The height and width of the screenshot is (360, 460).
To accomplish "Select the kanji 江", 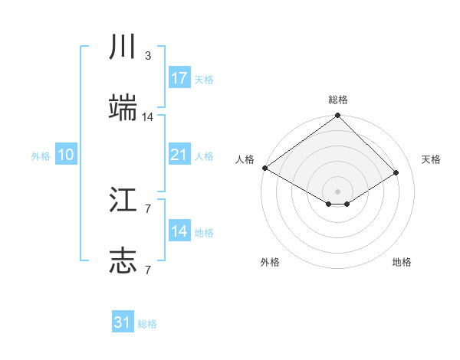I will pyautogui.click(x=123, y=201).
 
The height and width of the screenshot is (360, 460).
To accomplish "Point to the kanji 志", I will pyautogui.click(x=123, y=261).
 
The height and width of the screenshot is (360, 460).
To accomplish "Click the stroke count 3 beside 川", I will pyautogui.click(x=147, y=56).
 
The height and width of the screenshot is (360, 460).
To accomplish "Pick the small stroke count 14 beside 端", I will pyautogui.click(x=148, y=117).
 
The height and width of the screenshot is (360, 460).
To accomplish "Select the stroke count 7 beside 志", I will pyautogui.click(x=147, y=270).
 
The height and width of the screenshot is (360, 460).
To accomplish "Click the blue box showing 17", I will pyautogui.click(x=179, y=78).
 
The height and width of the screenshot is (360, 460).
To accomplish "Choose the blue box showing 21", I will pyautogui.click(x=179, y=155).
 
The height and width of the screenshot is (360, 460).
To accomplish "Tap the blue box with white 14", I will pyautogui.click(x=179, y=231).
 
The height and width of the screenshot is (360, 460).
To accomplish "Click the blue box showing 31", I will pyautogui.click(x=123, y=322).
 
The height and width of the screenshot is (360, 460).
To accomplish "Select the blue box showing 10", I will pyautogui.click(x=66, y=155).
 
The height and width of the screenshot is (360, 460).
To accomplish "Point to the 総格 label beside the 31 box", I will pyautogui.click(x=147, y=324).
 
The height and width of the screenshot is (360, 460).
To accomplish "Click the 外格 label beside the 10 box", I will pyautogui.click(x=41, y=156).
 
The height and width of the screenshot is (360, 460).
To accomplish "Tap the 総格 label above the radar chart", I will pyautogui.click(x=338, y=100).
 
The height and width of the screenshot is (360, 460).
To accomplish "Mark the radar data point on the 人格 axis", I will pyautogui.click(x=264, y=168).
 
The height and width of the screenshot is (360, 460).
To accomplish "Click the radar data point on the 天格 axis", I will pyautogui.click(x=396, y=172).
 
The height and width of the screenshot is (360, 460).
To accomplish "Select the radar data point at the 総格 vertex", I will pyautogui.click(x=338, y=116).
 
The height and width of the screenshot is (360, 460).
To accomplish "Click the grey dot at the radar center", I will pyautogui.click(x=338, y=191).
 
